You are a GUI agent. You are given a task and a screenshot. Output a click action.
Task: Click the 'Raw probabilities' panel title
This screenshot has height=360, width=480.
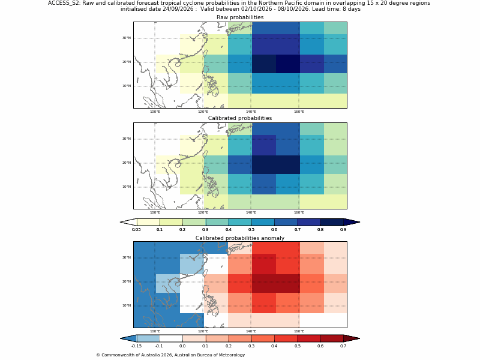coord(240,17)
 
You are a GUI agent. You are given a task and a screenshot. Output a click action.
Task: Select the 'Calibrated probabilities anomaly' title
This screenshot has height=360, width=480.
coord(240,238)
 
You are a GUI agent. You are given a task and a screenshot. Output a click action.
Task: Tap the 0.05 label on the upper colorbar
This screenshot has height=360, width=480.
coord(136,230)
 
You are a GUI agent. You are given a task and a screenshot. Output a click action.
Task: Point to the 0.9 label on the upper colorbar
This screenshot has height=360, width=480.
coord(343,230)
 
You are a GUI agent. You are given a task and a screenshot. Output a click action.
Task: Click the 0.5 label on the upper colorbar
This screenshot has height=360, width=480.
coord(251,230)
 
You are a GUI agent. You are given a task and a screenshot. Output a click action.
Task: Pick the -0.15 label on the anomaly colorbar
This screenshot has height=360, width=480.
coord(136,346)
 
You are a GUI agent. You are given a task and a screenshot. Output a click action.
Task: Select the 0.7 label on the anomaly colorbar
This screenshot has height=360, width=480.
coord(343,346)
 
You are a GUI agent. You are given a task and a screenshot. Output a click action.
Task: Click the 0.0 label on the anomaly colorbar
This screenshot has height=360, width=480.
coord(182,346)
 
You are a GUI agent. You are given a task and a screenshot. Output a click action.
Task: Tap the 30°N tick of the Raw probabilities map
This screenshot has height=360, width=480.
coord(127,38)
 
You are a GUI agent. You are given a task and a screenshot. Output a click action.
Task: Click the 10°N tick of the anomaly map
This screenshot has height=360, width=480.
coord(127,305)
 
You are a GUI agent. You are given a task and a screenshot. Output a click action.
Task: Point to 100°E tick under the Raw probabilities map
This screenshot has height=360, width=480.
coord(155,112)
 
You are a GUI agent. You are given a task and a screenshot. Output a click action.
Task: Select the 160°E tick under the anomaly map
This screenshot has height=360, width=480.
coord(299,331)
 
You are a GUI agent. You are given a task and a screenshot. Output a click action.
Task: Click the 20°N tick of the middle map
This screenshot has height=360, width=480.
coord(127,163)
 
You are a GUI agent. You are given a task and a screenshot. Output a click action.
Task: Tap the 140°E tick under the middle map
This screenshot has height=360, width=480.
coord(251,212)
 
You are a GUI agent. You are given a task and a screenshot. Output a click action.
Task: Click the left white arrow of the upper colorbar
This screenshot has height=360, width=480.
coord(128,222)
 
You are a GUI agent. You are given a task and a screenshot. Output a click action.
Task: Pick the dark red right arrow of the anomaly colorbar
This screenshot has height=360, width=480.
coord(352,338)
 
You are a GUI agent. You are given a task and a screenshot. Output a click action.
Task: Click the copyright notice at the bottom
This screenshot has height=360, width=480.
coord(170,355)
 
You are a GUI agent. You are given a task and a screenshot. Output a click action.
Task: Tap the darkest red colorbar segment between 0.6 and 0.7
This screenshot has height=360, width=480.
coord(332,338)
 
